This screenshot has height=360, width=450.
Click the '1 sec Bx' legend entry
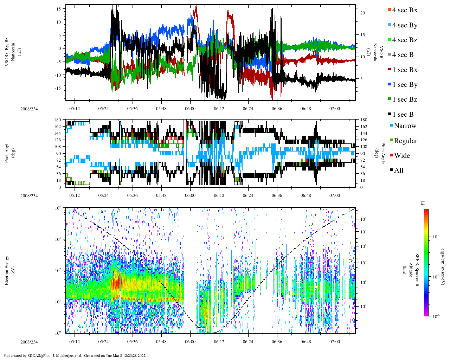coord(405,70)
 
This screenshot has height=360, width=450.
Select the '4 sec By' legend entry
coord(405,25)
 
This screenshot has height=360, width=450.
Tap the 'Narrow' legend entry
coord(405,126)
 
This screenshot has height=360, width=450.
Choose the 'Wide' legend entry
coord(402,156)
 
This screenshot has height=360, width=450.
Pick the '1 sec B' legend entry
coord(403,115)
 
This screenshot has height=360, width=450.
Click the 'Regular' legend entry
coord(405,141)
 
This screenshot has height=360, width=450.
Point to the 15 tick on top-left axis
coord(59,8)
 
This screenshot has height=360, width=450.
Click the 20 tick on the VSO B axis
coord(362,13)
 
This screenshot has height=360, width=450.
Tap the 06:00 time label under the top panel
coord(190,109)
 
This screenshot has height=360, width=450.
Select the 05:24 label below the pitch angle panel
coord(103,195)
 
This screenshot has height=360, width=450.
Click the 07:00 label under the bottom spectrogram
coord(335,342)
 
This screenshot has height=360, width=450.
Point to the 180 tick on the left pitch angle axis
coord(58,120)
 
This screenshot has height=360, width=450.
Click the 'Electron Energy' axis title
coord(7,270)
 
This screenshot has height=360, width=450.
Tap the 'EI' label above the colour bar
coord(423,203)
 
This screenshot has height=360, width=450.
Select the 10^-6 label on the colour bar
coord(437,316)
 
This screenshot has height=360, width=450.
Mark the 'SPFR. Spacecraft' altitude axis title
coord(417,270)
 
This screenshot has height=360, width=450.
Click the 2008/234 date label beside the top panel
coord(29,109)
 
